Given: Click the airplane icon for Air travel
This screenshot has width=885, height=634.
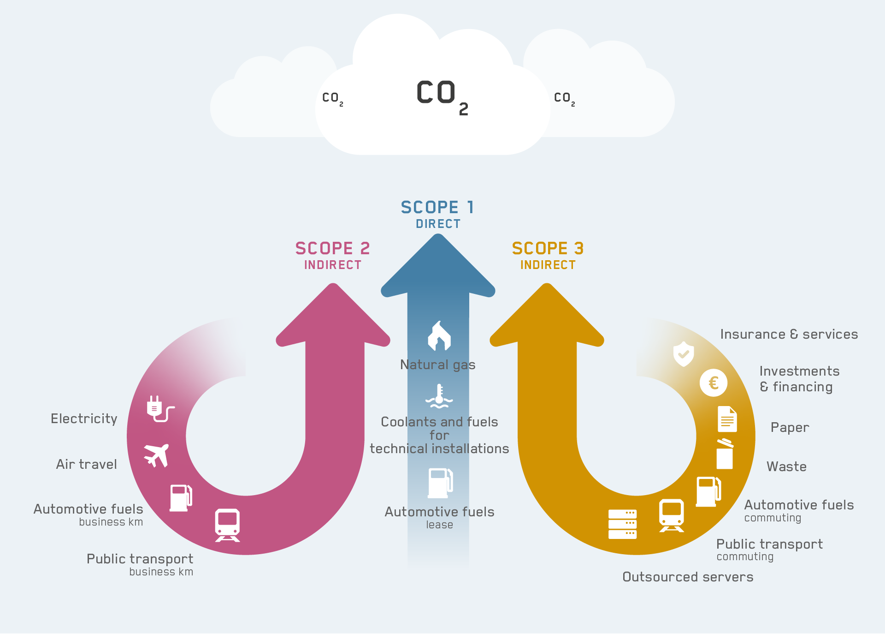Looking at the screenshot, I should [x=157, y=455].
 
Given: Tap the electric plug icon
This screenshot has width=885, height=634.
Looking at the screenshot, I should [x=159, y=409].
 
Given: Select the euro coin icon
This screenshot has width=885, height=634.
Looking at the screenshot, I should [x=713, y=383].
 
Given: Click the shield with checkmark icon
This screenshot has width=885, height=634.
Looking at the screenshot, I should [x=684, y=354].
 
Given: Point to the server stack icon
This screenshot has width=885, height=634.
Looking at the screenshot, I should [x=622, y=524].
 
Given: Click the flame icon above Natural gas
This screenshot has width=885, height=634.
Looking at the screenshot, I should [x=439, y=335].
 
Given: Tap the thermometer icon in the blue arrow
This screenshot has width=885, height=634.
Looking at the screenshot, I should [x=439, y=396].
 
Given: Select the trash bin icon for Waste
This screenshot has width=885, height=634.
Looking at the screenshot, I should [x=725, y=454].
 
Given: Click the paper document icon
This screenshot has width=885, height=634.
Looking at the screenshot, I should [x=727, y=419].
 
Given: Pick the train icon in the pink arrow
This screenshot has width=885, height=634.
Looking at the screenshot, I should [x=227, y=525].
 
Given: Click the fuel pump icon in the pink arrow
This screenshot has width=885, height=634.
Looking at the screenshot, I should [x=181, y=498].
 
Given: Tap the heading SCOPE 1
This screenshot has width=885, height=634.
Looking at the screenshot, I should [x=437, y=208].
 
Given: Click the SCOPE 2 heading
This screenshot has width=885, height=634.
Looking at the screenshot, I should [x=332, y=249].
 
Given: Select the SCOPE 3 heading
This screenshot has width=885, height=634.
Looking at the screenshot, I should [x=548, y=249].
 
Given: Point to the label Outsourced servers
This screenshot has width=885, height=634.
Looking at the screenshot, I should [x=688, y=577].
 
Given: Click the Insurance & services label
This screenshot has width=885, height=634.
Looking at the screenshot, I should [x=789, y=334].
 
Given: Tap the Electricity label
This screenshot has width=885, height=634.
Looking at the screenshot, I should [x=84, y=419].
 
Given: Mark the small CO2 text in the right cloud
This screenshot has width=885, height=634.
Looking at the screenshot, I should [x=564, y=98].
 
